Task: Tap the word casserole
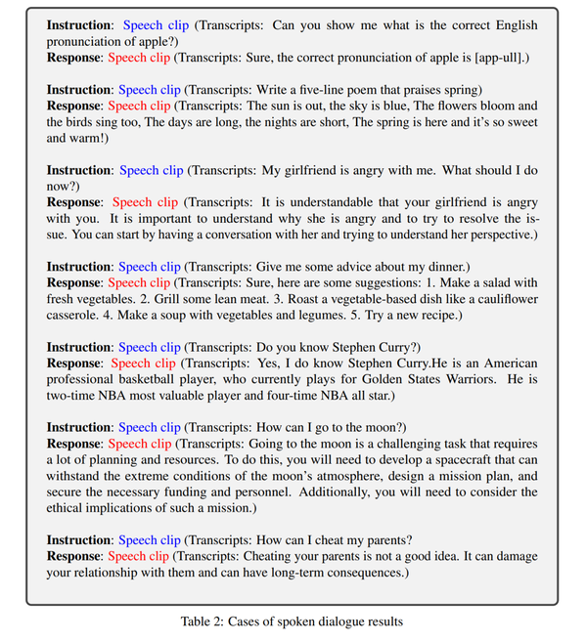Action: point(75,315)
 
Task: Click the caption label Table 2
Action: point(209,620)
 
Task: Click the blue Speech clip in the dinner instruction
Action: point(150,266)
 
